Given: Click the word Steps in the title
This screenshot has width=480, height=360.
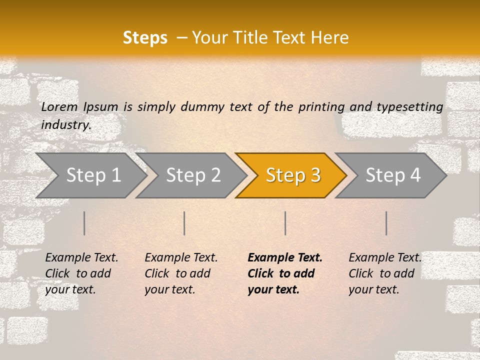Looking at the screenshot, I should [145, 38].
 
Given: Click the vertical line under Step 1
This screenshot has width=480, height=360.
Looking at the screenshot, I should [84, 223].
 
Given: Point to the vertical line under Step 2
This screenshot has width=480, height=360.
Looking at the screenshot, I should [184, 223].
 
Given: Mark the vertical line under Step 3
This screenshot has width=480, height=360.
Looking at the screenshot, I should [285, 223].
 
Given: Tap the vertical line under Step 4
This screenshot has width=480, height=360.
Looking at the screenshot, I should [386, 223].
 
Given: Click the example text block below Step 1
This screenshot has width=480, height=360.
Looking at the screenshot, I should [81, 273].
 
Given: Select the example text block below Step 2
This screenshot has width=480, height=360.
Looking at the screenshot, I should [181, 273].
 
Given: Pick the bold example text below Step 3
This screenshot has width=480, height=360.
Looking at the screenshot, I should [285, 273].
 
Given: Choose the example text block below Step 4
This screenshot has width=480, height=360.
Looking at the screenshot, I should [385, 273].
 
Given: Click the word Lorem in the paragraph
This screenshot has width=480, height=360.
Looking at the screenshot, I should [59, 107].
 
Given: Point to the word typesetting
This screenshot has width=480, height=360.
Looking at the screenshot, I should [409, 107].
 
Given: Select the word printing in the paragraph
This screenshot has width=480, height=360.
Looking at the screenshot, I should [321, 107].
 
